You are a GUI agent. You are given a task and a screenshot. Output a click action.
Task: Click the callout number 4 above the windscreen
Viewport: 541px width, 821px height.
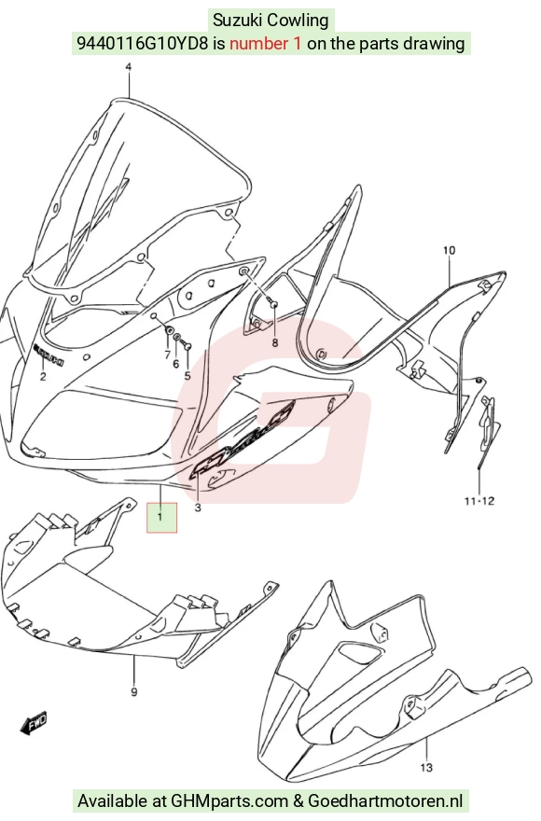129,67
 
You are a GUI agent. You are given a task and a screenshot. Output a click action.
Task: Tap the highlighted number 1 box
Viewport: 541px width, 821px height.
161,518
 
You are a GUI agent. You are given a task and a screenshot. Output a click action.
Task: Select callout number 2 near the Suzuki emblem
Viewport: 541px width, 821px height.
43,377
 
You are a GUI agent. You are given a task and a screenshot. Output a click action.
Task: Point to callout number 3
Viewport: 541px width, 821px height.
198,508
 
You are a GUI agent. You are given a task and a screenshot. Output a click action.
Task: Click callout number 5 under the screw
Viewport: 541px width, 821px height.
187,375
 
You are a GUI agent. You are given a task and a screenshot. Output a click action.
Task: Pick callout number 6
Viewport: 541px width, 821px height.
176,363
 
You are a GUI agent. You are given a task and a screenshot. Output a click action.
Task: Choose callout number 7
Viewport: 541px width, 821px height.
167,355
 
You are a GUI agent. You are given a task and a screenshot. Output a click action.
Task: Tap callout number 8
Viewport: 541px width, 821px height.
275,343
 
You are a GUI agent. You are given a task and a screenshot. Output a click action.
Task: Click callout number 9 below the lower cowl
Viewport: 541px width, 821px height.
134,692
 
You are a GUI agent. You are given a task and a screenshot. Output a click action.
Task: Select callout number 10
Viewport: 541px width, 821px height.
450,251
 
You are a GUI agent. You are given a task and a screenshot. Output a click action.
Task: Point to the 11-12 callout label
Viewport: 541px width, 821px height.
479,501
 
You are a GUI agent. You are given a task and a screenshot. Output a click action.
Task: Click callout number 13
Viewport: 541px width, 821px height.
427,768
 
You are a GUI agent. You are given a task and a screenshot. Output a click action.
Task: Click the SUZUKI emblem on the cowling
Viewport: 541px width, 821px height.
49,355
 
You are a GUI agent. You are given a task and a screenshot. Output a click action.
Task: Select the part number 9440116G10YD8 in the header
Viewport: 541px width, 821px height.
143,44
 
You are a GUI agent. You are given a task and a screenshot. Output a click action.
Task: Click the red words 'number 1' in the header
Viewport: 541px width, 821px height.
266,44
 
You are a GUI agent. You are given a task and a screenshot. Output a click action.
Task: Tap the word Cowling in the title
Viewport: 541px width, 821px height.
298,21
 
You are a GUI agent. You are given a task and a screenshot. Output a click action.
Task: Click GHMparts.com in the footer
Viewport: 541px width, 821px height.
229,800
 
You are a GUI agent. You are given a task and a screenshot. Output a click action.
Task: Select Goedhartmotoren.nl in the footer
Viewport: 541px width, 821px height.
385,800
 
